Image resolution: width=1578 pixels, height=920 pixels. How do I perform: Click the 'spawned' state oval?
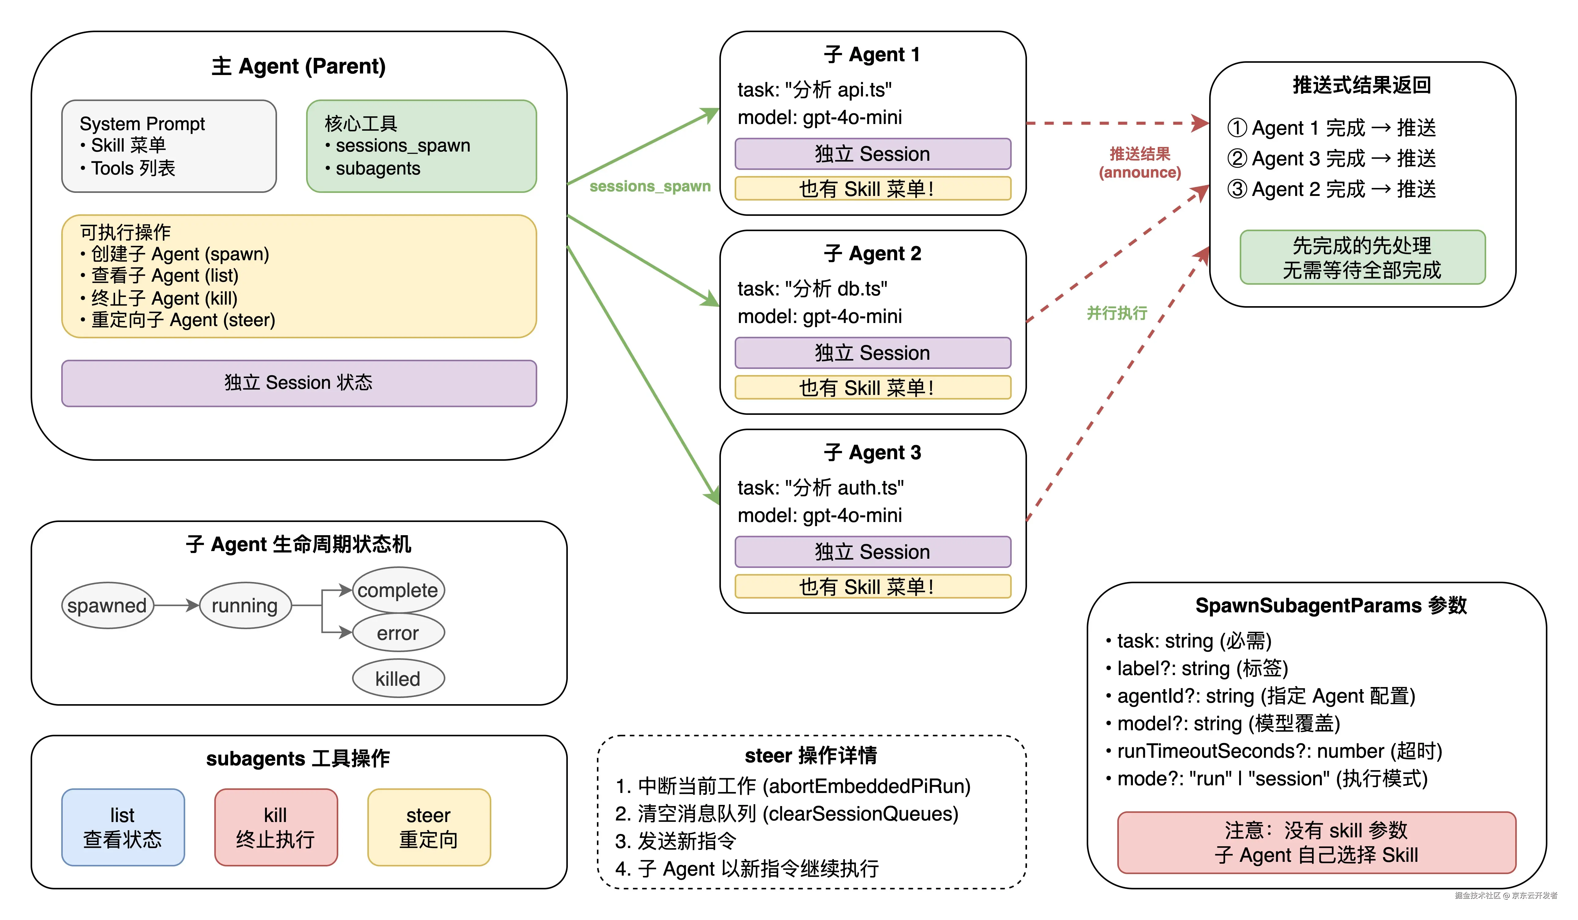[107, 606]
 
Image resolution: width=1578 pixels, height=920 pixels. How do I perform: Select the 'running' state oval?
[245, 606]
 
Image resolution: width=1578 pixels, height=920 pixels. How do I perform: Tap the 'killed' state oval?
[398, 678]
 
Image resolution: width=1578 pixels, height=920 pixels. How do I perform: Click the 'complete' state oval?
[398, 590]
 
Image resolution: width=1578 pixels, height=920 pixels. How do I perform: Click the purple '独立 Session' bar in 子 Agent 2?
[872, 353]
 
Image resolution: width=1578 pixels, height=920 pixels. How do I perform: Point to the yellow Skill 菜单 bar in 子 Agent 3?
[872, 586]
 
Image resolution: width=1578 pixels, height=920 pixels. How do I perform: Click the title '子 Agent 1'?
[872, 54]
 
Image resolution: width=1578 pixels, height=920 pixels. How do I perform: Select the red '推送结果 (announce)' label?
[1140, 163]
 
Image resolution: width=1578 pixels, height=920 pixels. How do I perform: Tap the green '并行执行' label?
[1116, 313]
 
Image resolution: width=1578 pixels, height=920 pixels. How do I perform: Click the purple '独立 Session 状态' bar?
[299, 383]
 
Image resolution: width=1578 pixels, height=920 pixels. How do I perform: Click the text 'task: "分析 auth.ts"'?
[820, 487]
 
